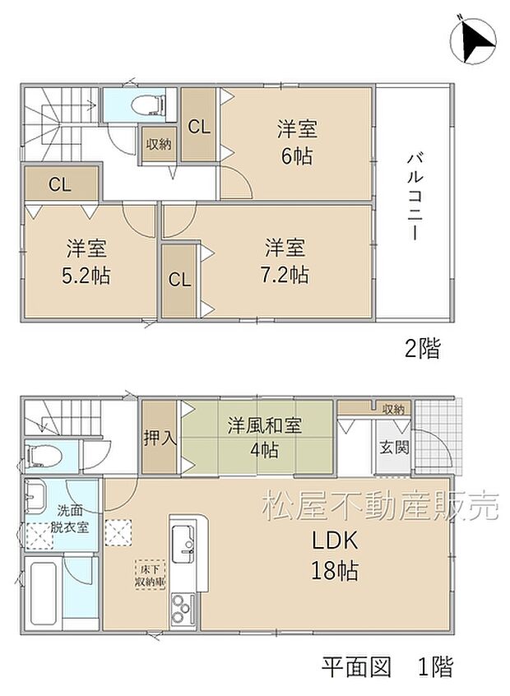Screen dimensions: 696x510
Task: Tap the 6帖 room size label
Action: (x=297, y=156)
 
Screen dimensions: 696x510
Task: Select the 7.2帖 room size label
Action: (x=286, y=275)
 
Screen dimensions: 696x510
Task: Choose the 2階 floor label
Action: (x=421, y=349)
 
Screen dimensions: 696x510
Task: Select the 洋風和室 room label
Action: (x=264, y=426)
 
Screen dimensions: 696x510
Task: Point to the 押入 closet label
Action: (x=160, y=437)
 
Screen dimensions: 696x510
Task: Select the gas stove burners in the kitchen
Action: (x=181, y=610)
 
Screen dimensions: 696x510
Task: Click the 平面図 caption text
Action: (x=356, y=665)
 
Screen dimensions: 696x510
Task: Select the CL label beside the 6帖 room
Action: (x=197, y=127)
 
